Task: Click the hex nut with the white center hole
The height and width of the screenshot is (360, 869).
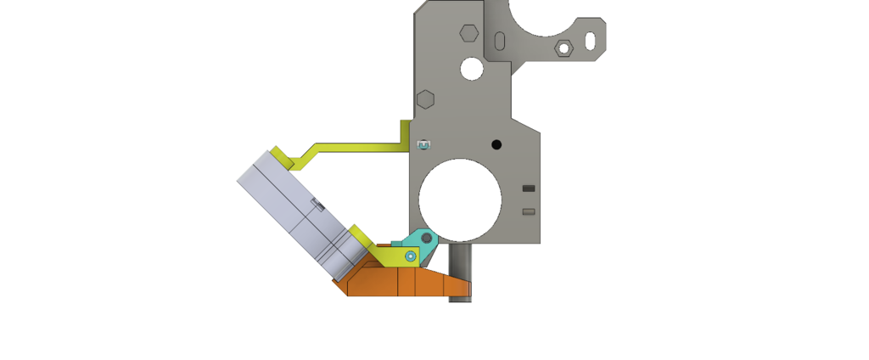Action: [563, 48]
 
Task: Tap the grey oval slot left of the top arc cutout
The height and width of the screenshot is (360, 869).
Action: [500, 41]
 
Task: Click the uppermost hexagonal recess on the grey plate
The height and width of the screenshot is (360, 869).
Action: [468, 33]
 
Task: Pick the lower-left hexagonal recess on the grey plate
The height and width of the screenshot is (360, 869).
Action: [425, 98]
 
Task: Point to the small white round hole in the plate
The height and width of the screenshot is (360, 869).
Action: [472, 69]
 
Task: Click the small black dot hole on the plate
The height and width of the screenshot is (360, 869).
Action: [496, 144]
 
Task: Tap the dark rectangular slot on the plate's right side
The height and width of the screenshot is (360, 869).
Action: [529, 188]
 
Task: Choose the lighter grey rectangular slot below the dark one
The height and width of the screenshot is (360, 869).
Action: [529, 211]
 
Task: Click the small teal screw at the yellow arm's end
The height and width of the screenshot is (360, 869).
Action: [423, 145]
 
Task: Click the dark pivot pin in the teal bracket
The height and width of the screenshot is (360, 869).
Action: [427, 239]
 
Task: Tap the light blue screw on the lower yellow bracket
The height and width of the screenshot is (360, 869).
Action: [411, 256]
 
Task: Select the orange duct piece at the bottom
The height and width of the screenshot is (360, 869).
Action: [399, 280]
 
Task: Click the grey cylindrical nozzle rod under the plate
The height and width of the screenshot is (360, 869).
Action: [460, 272]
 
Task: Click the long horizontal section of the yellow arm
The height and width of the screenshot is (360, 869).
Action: [356, 148]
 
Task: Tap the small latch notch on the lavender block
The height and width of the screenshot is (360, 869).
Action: [318, 203]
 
